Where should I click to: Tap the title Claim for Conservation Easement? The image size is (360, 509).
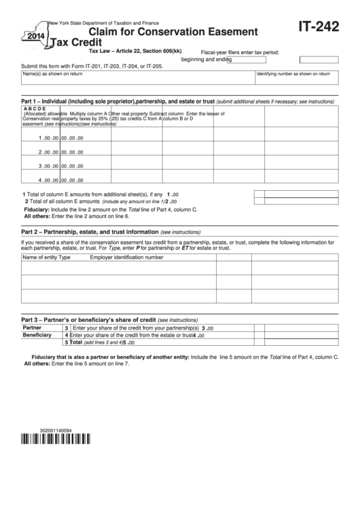pos(173,31)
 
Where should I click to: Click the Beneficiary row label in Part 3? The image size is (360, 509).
pos(38,335)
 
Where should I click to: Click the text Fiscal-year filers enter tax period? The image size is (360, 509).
pos(240,52)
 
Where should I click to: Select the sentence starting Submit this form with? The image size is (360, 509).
pos(92,66)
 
